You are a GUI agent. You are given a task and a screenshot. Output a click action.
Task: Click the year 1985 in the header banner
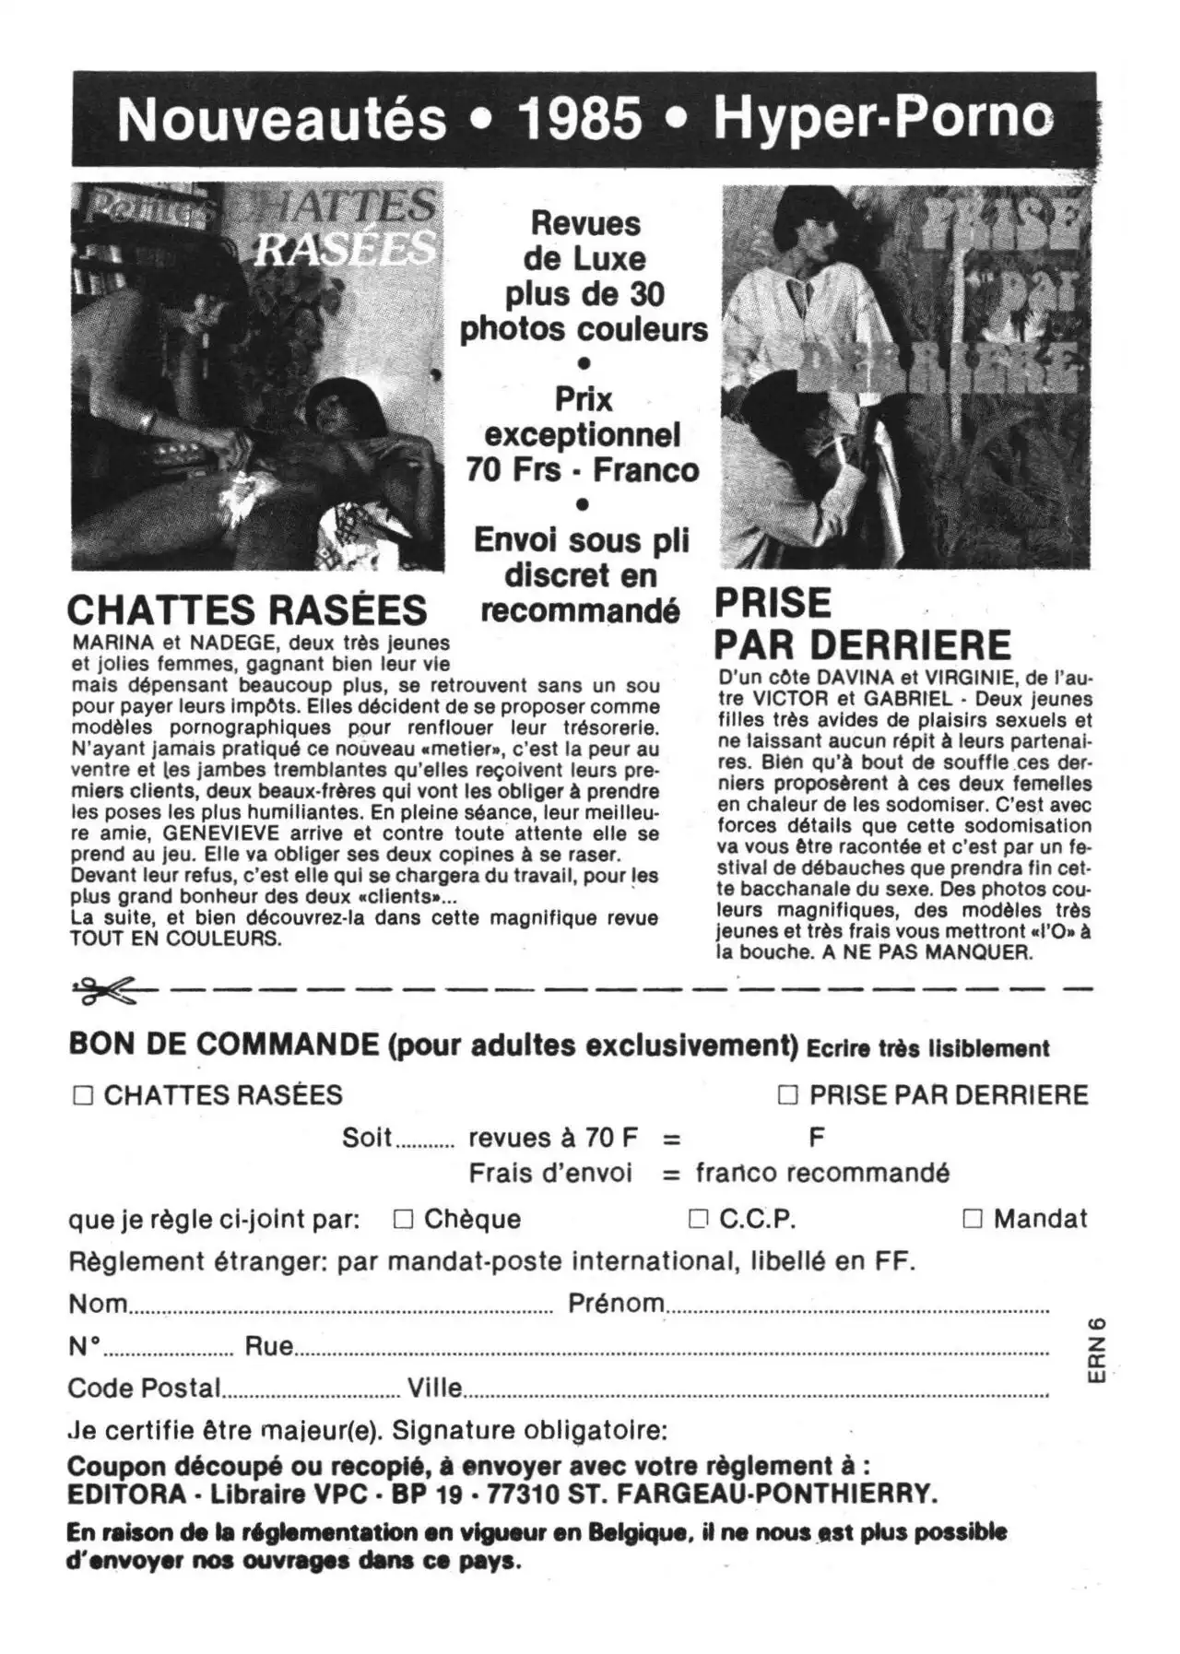[580, 119]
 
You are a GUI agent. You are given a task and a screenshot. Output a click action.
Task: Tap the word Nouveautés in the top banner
[281, 120]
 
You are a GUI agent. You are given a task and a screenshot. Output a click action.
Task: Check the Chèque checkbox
[403, 1219]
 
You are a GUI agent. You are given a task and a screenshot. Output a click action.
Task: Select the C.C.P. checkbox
[698, 1219]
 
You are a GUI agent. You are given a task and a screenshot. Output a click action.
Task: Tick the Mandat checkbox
[973, 1219]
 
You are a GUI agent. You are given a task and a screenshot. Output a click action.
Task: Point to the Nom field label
[98, 1304]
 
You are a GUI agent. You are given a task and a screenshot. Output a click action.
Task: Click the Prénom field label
[616, 1303]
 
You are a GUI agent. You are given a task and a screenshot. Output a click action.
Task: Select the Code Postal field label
[144, 1388]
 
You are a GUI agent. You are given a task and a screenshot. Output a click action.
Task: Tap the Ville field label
[434, 1388]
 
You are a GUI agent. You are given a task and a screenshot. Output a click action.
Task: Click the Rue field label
[268, 1346]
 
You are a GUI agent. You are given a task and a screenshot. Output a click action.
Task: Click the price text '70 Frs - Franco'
[582, 470]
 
